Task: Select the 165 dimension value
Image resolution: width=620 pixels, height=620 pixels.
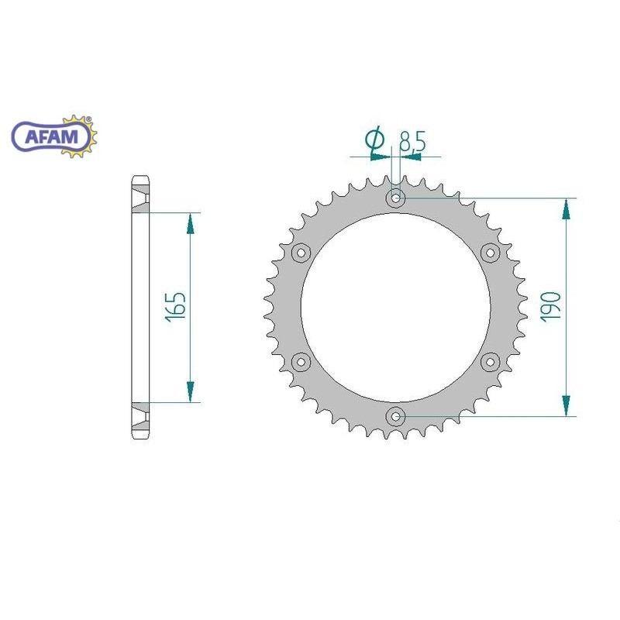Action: [177, 307]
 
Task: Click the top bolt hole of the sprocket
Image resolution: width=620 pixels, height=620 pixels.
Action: [396, 198]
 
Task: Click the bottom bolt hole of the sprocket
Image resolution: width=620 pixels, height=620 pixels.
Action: [396, 416]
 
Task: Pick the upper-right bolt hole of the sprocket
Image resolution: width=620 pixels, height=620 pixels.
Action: [490, 253]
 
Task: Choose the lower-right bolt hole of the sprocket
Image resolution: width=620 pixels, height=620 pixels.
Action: [490, 361]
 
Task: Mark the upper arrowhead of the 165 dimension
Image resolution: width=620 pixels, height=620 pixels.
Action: [189, 223]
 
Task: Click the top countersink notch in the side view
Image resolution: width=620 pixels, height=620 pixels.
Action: [139, 198]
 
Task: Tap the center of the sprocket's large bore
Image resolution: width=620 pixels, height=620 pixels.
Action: [396, 307]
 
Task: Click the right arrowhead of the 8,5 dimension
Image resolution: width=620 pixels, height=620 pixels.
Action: [411, 157]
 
